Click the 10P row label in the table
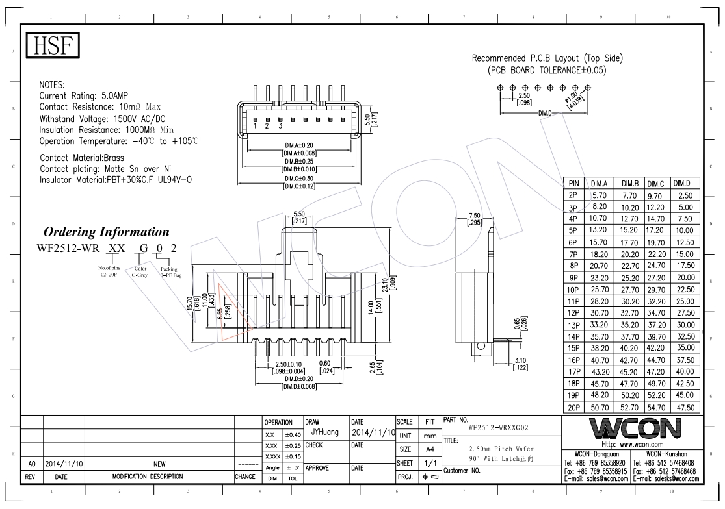tap(573, 289)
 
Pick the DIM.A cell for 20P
tap(599, 408)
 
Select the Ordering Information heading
tap(106, 232)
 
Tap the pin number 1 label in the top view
tap(256, 126)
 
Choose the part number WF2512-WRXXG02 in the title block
tap(499, 428)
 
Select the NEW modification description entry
tap(159, 464)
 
